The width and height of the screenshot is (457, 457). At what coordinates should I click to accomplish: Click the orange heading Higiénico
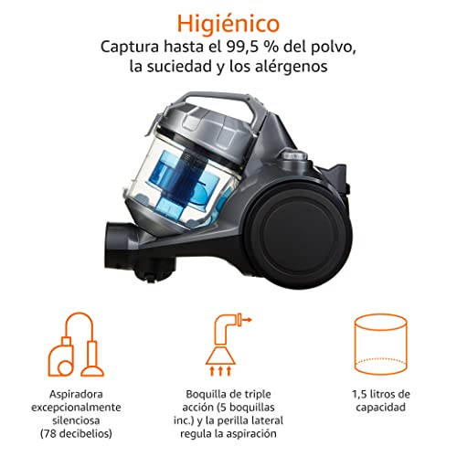228,24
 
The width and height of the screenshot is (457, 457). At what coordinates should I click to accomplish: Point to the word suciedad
180,66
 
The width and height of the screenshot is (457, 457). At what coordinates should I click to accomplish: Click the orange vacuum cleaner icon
76,345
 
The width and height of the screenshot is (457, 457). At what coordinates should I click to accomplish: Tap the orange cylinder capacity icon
381,345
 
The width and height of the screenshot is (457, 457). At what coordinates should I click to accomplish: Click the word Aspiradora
76,394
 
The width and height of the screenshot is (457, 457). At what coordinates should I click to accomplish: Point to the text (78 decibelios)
76,433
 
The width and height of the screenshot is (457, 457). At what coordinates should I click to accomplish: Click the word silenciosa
76,420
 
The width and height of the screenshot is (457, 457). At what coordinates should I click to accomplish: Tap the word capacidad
381,408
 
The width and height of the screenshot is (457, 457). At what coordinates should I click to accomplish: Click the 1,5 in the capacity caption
359,394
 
